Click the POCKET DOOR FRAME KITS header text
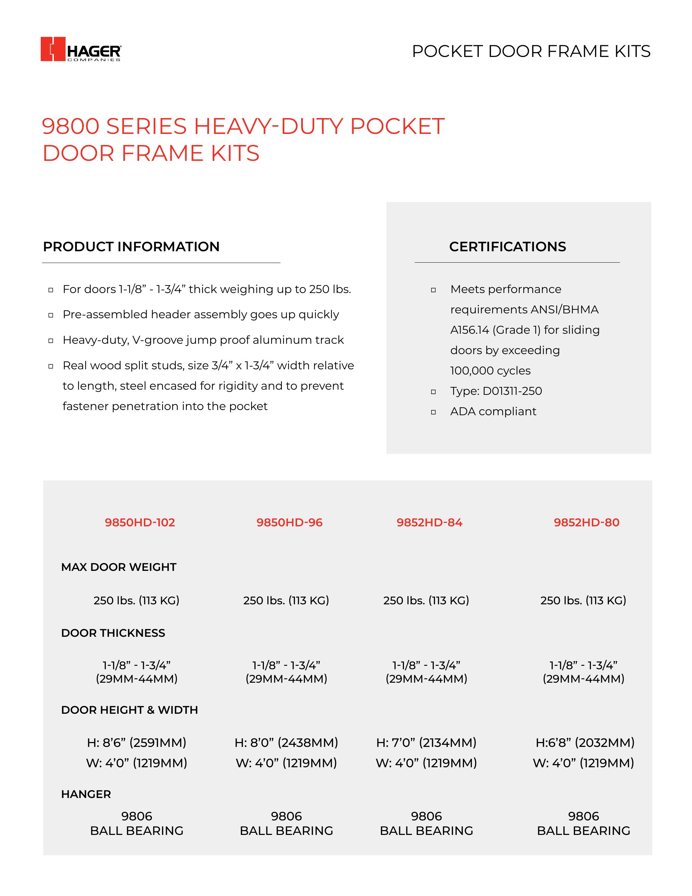click(x=531, y=52)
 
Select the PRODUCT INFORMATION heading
click(x=131, y=246)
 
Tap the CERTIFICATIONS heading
click(x=507, y=246)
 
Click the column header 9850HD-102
click(x=140, y=522)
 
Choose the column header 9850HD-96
click(x=289, y=522)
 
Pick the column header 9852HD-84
click(x=429, y=522)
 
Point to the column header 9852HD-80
click(x=586, y=522)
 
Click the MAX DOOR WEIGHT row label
click(x=118, y=567)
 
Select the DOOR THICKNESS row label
click(x=113, y=633)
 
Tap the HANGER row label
click(x=86, y=794)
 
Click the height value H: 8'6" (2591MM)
click(x=137, y=742)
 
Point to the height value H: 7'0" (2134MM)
click(x=426, y=742)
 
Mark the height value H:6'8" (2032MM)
click(x=585, y=742)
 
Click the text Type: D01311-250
click(x=496, y=391)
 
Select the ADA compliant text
click(x=493, y=411)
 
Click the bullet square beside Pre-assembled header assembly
click(x=51, y=315)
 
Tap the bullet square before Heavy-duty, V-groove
click(x=51, y=341)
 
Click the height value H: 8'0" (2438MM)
click(x=286, y=742)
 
